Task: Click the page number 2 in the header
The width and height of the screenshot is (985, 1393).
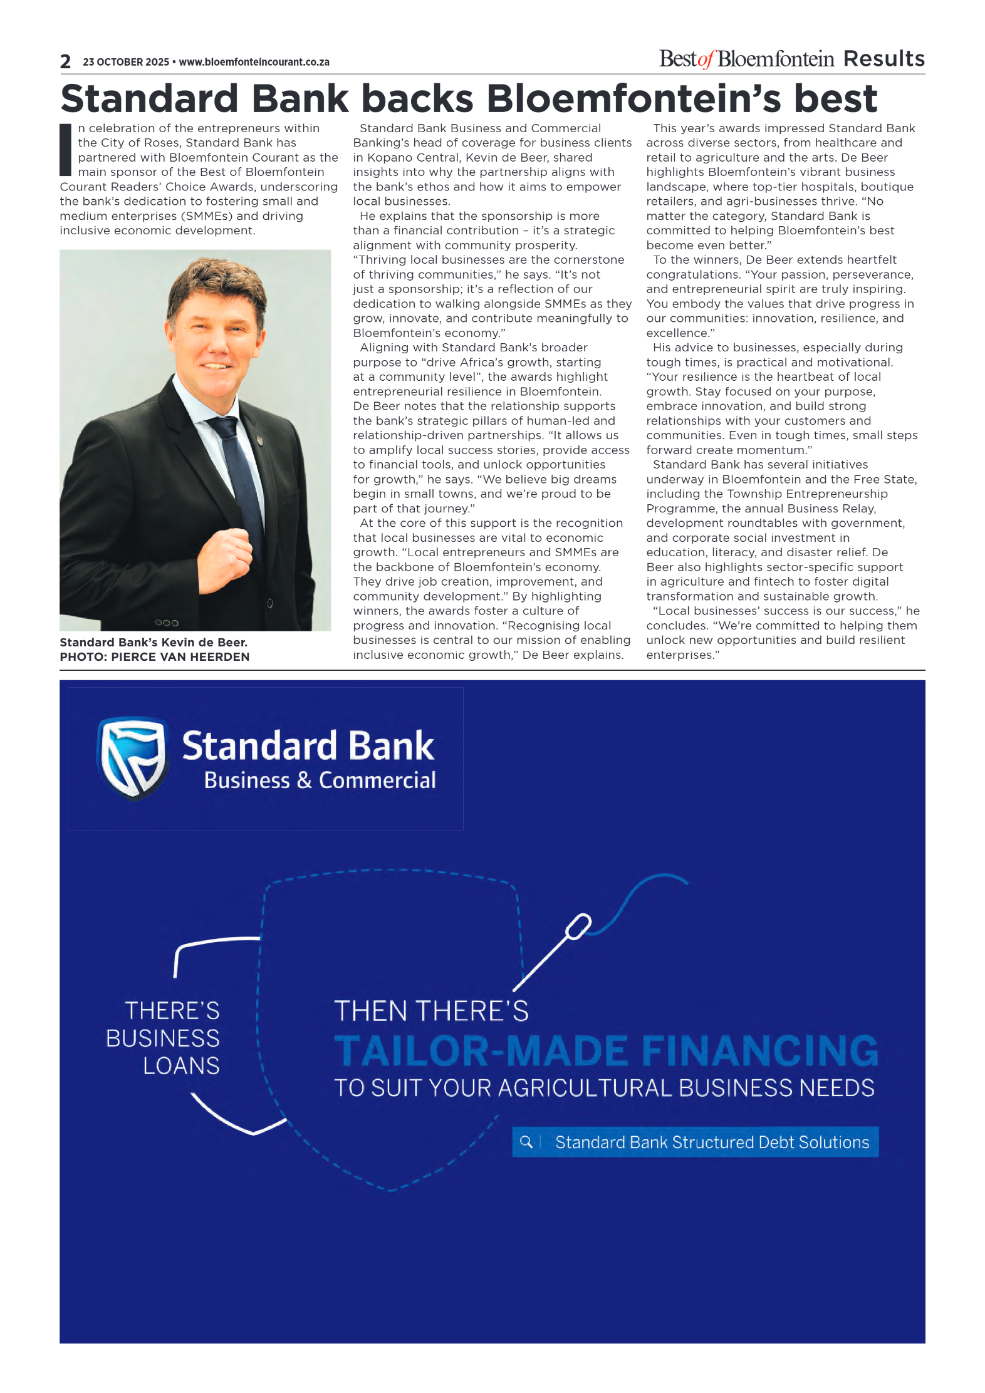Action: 66,61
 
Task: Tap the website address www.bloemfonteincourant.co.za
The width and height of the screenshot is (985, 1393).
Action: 254,62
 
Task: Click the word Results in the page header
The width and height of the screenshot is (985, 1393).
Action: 883,59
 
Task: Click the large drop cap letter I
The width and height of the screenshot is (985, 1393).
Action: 65,150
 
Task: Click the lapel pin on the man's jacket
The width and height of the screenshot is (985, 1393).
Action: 259,440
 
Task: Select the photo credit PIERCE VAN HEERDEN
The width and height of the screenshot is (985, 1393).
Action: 180,656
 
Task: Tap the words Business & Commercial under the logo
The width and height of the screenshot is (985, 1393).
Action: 320,780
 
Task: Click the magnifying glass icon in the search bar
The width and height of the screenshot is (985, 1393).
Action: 526,1142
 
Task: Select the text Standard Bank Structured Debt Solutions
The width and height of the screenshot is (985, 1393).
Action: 712,1142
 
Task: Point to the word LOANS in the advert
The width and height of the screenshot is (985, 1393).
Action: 181,1065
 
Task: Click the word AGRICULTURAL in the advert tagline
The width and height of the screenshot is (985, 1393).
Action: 585,1088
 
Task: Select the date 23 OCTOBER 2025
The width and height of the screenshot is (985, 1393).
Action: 126,62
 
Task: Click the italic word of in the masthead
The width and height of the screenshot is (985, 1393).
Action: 706,60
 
